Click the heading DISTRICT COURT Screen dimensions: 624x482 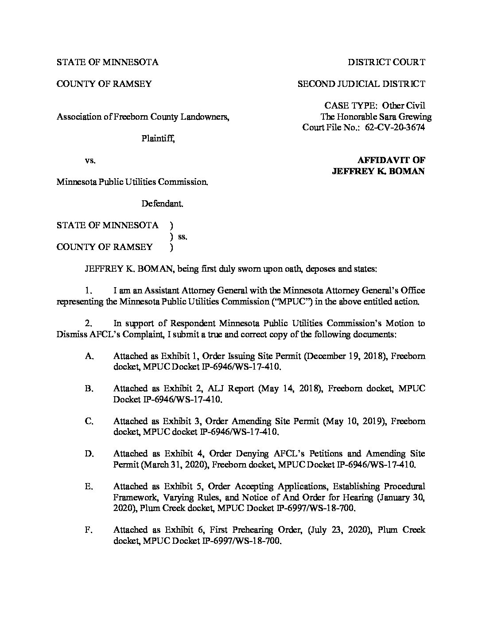[386, 62]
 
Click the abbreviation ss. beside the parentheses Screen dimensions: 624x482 [183, 237]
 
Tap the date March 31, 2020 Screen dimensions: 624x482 [171, 464]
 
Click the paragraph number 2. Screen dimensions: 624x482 [89, 324]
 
